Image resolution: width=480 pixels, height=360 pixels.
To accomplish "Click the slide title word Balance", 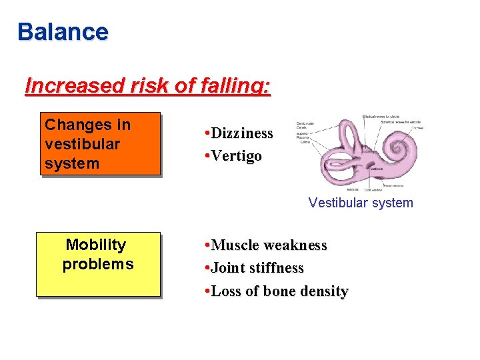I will click(x=63, y=32).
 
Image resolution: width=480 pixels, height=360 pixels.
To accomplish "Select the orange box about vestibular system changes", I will click(x=100, y=143).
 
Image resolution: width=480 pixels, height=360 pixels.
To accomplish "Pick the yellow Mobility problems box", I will click(x=98, y=263).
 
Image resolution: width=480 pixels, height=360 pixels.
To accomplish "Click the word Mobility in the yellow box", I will click(x=96, y=245).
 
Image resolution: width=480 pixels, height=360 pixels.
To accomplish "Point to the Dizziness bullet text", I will click(x=241, y=133).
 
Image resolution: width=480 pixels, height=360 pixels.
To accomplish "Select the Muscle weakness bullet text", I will click(x=269, y=245).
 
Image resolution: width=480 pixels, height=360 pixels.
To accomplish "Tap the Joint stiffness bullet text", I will click(x=257, y=268).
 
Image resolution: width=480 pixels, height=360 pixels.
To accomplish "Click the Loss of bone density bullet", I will click(x=279, y=291).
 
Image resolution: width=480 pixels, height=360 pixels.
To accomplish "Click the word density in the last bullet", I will click(x=324, y=291).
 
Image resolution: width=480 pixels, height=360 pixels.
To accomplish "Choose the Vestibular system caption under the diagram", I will click(x=361, y=203).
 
